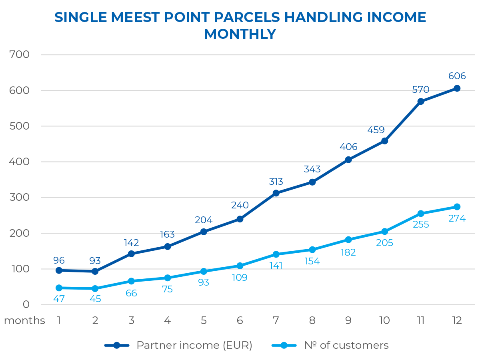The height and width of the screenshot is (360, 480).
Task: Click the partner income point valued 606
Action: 457,88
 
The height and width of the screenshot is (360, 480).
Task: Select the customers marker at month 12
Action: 457,207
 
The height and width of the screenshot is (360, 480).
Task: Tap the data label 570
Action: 421,90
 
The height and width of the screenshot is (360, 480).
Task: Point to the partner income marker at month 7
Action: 276,193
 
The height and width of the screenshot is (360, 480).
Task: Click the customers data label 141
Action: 276,266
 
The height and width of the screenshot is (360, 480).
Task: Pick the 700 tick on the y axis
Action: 20,54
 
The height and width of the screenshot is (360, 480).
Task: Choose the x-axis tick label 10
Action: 384,320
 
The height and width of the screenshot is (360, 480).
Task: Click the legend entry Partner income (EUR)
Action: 194,345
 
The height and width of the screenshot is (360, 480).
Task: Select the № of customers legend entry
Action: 346,345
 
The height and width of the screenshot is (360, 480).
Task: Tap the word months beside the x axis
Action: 24,320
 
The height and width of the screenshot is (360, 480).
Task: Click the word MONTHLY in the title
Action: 240,34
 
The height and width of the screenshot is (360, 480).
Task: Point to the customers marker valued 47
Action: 59,288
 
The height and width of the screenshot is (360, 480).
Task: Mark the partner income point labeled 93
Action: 95,271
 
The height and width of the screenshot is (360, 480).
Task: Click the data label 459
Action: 376,130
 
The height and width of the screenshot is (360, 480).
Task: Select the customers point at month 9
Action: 348,240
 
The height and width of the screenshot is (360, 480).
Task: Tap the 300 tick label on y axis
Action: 20,197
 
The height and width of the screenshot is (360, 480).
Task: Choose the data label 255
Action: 421,224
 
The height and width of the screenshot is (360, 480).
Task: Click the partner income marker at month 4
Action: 168,246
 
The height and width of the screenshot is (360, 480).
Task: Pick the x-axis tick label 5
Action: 204,320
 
